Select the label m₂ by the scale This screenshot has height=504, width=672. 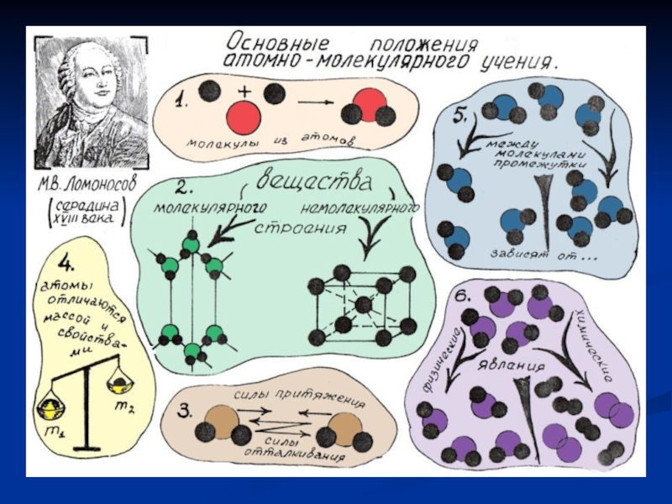123,407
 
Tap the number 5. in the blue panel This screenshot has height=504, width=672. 460,116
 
